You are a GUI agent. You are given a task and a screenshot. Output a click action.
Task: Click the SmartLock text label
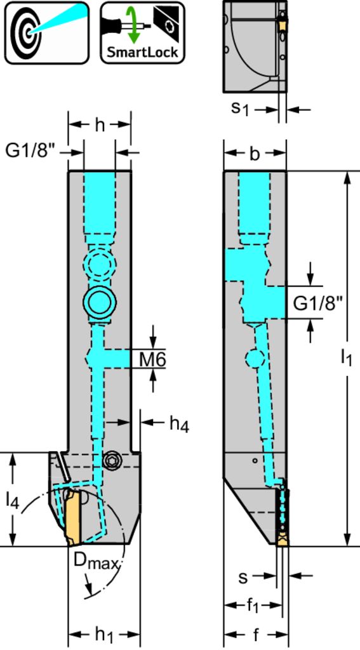(142, 52)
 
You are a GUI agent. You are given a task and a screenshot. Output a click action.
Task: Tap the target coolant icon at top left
(47, 32)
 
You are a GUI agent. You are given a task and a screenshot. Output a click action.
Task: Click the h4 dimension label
(179, 425)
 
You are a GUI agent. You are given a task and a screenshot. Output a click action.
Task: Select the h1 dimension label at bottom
(105, 635)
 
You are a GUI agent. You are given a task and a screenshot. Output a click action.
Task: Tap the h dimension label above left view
(100, 125)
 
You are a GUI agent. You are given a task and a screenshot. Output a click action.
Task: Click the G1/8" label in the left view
(30, 152)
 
